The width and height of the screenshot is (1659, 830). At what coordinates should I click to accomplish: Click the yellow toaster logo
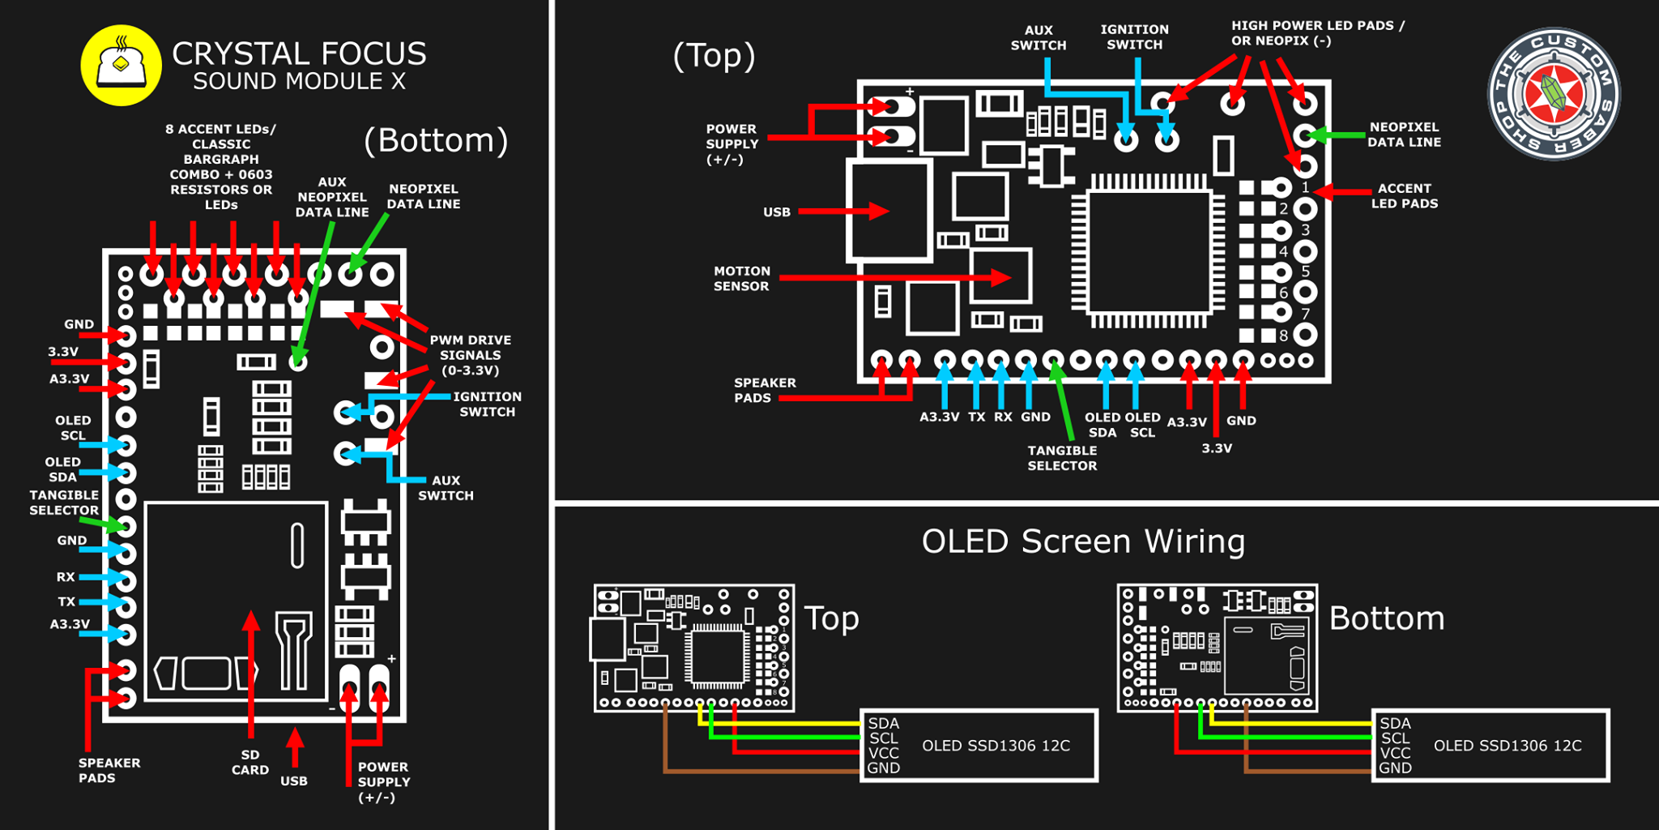pos(121,66)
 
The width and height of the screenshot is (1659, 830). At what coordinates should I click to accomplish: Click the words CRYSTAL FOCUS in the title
pos(299,54)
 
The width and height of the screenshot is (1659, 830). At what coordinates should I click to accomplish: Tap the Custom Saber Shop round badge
pos(1554,94)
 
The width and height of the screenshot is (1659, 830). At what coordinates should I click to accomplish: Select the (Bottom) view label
pos(436,140)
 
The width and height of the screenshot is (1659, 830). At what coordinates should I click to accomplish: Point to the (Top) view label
pos(714,55)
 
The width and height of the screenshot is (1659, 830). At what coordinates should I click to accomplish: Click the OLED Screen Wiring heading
pos(1083,541)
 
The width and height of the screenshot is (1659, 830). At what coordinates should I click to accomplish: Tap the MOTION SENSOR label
pos(741,279)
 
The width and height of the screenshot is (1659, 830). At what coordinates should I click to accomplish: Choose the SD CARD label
pos(250,762)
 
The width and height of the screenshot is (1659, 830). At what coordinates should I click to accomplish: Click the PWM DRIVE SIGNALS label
pos(470,355)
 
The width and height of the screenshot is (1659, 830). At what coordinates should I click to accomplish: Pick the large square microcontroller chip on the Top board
pos(1149,250)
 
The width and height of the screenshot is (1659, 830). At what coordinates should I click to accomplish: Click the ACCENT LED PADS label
pos(1404,195)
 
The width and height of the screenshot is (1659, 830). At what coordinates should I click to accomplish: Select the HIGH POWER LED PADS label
pos(1318,33)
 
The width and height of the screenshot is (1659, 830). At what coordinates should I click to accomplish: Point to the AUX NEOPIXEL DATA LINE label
pos(332,198)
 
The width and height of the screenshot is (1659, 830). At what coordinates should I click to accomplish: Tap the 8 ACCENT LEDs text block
pos(221,166)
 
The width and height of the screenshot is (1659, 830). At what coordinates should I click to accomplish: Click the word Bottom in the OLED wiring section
pos(1387,618)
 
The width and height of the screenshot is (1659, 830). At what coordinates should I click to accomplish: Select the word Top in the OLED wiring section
pos(831,619)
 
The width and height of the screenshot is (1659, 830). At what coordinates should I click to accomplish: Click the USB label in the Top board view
pos(777,212)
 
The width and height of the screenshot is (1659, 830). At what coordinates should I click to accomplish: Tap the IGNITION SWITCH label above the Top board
pos(1134,37)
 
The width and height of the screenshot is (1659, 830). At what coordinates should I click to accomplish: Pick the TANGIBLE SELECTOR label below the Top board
pos(1062,458)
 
